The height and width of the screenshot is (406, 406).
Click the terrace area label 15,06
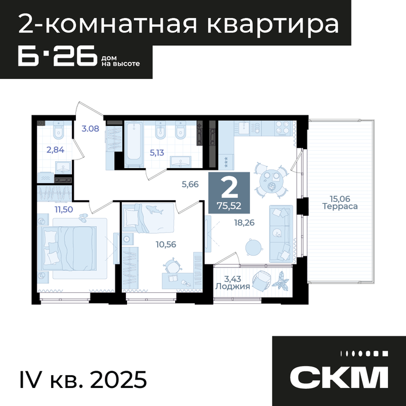(340, 199)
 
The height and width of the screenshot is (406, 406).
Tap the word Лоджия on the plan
(233, 287)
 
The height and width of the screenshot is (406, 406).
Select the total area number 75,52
(229, 206)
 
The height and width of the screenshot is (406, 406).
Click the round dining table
(271, 180)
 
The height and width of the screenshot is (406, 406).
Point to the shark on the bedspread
(154, 209)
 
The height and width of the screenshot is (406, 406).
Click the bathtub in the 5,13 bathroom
(133, 144)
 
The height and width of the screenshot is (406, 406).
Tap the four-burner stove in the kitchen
(283, 128)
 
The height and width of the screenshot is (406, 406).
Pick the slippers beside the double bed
(84, 217)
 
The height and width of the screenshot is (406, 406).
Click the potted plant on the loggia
(280, 280)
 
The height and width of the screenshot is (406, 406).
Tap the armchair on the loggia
(262, 281)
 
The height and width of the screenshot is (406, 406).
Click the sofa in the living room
(281, 234)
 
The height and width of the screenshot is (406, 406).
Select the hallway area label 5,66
(190, 184)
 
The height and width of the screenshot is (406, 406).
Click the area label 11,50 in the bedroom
(64, 209)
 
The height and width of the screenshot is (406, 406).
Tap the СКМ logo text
(339, 377)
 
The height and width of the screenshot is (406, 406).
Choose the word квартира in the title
(273, 25)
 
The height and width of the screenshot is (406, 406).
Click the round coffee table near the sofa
(254, 247)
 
